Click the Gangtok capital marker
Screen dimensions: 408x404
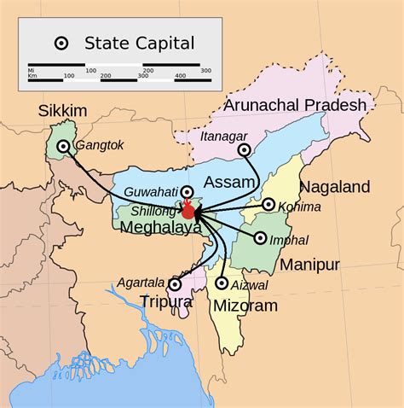(63, 147)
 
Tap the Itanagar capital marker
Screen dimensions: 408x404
(245, 150)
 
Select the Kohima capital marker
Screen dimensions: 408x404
(268, 205)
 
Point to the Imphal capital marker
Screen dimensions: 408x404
(260, 239)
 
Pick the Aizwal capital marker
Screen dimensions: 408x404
(222, 283)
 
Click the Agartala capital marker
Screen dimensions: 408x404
(176, 283)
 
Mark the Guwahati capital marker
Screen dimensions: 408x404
(187, 192)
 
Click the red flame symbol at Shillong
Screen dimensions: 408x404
(188, 209)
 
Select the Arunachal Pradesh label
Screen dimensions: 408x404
(295, 106)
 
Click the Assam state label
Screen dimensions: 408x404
(229, 181)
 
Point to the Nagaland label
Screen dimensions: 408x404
(333, 186)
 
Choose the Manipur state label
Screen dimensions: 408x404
(310, 264)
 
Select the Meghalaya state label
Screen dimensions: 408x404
(160, 228)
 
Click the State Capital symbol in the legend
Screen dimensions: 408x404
(61, 43)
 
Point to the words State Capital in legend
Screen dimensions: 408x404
(139, 43)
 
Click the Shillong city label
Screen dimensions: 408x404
(153, 211)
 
